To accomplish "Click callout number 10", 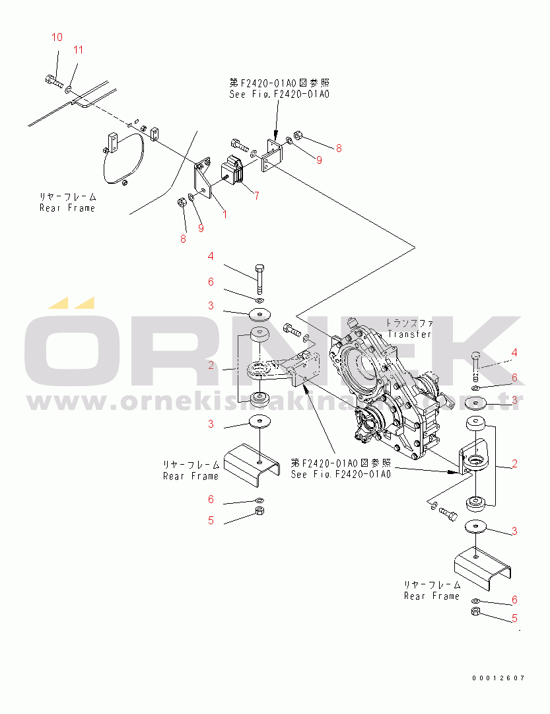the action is (57, 37).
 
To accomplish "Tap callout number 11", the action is (78, 50).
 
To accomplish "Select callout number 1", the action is (224, 214).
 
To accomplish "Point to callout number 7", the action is (256, 195).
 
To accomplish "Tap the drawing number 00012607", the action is (498, 678).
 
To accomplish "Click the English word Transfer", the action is (409, 334).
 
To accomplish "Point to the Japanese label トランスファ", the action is (409, 323).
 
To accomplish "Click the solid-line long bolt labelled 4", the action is (259, 278).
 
